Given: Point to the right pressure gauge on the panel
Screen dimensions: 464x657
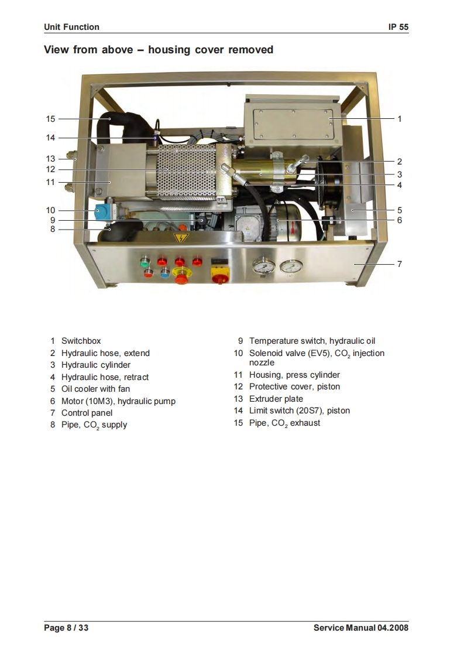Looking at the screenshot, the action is coord(288,269).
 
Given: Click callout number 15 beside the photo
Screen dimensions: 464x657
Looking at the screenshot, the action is coord(50,119).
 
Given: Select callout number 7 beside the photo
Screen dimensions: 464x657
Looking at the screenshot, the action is coord(400,264).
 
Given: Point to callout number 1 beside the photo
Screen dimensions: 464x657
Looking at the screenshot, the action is coord(400,119).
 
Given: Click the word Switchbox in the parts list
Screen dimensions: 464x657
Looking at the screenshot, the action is coord(81,341).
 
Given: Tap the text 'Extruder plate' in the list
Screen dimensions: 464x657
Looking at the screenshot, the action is coord(276,399).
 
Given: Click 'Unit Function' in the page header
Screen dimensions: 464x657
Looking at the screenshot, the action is coord(71,27).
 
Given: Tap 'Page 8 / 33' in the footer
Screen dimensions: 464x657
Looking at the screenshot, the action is coord(66,628).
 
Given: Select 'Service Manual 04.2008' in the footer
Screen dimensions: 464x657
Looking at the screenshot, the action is coord(360,628).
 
